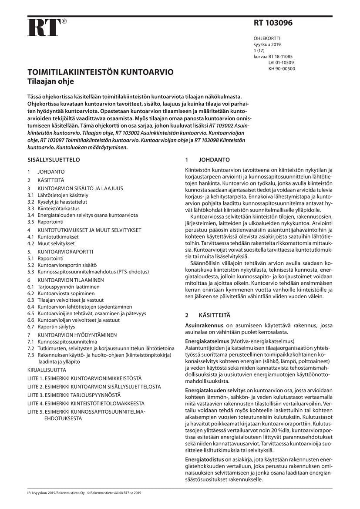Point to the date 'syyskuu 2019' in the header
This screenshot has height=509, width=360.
click(267, 44)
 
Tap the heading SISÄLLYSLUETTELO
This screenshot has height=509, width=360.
click(54, 160)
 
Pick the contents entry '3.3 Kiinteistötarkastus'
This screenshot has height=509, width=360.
click(56, 209)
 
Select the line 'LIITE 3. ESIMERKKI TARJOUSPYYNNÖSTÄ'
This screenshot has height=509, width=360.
click(74, 395)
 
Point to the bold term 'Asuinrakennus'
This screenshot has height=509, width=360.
click(204, 325)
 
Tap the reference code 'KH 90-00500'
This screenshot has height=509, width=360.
click(282, 69)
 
